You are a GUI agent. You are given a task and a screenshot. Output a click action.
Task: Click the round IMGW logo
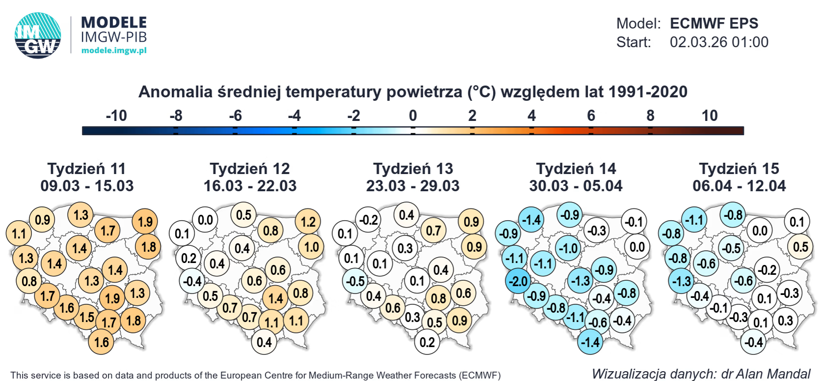(38, 35)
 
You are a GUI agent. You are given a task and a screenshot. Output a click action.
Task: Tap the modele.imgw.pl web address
(114, 50)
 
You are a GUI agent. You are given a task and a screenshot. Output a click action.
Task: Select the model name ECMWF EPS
(713, 23)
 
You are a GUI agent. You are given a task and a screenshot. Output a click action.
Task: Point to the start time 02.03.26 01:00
(719, 42)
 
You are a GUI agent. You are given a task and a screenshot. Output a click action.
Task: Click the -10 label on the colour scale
(116, 116)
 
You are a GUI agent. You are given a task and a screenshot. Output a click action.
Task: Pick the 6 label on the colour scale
(591, 116)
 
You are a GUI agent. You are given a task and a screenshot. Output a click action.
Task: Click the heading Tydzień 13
(413, 169)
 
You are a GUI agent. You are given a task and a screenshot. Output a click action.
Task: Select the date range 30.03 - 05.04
(575, 186)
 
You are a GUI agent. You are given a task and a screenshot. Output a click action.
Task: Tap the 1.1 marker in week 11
(19, 233)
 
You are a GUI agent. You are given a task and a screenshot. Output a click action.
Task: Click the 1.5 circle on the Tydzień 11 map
(87, 317)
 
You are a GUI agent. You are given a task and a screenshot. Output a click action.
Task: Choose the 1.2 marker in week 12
(308, 222)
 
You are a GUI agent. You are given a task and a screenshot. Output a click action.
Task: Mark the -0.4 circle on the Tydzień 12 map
(192, 281)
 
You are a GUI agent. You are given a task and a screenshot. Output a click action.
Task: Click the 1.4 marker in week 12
(275, 298)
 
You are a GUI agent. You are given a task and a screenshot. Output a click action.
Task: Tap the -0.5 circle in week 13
(355, 281)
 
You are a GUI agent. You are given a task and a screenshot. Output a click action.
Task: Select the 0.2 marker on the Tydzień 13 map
(427, 342)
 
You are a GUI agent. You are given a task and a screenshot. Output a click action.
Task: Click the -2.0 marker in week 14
(518, 281)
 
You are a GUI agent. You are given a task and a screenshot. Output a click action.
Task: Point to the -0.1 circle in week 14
(633, 222)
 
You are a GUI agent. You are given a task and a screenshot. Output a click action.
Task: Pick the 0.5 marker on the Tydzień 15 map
(800, 247)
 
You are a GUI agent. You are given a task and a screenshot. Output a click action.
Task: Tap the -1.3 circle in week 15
(681, 281)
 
